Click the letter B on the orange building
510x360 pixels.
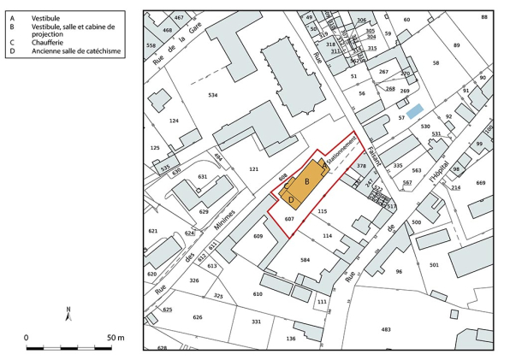306,182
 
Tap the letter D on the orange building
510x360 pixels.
291,200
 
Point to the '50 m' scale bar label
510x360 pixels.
116,338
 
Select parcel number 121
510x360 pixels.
253,169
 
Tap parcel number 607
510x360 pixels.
289,220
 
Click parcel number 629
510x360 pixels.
204,210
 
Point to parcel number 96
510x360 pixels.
398,272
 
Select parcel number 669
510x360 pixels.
480,183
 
